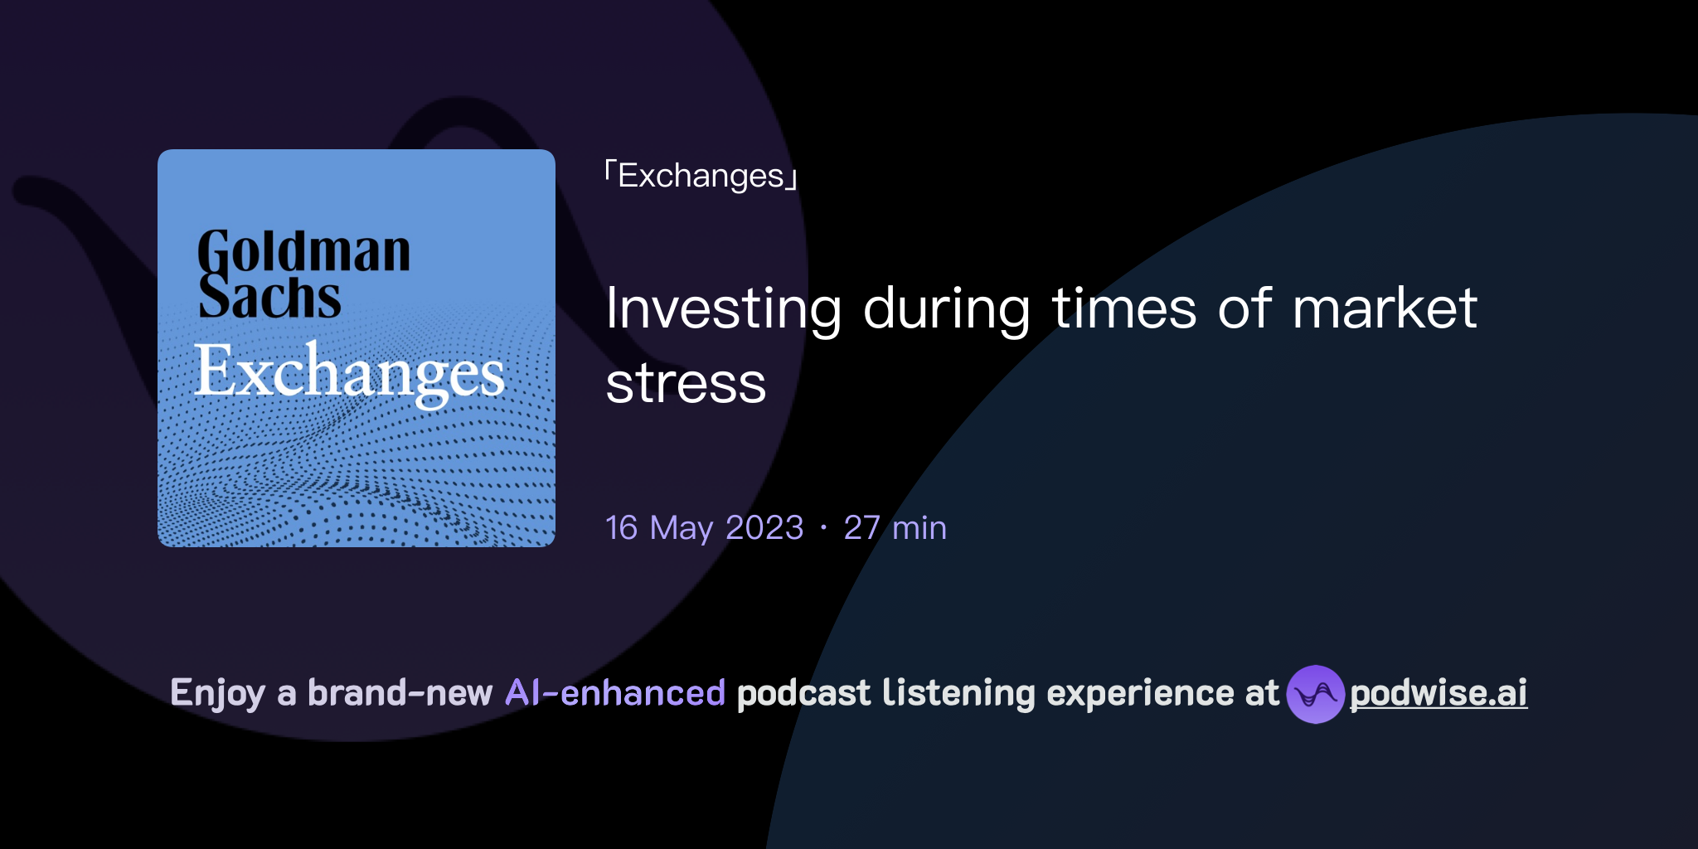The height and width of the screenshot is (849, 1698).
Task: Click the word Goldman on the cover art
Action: point(303,252)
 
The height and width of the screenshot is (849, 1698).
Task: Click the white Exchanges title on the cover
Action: point(349,372)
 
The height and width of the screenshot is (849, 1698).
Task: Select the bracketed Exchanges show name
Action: point(701,176)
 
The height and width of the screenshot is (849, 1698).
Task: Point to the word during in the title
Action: point(946,308)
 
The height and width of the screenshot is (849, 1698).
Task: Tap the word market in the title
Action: point(1385,308)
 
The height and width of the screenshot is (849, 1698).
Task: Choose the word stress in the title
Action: point(686,383)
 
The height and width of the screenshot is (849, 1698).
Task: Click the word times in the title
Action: point(1124,308)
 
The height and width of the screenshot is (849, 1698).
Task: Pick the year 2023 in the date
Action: point(764,527)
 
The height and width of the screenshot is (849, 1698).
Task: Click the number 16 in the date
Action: point(622,527)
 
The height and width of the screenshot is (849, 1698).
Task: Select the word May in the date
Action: point(682,529)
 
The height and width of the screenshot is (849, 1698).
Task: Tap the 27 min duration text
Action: point(895,527)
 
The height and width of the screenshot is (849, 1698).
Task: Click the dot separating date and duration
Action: point(823,527)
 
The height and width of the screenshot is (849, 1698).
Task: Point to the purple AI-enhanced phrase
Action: point(615,693)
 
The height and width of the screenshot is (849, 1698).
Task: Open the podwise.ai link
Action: point(1438,693)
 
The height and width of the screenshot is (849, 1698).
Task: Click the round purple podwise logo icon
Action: point(1315,694)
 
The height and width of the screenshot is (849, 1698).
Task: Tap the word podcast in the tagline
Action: point(803,693)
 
